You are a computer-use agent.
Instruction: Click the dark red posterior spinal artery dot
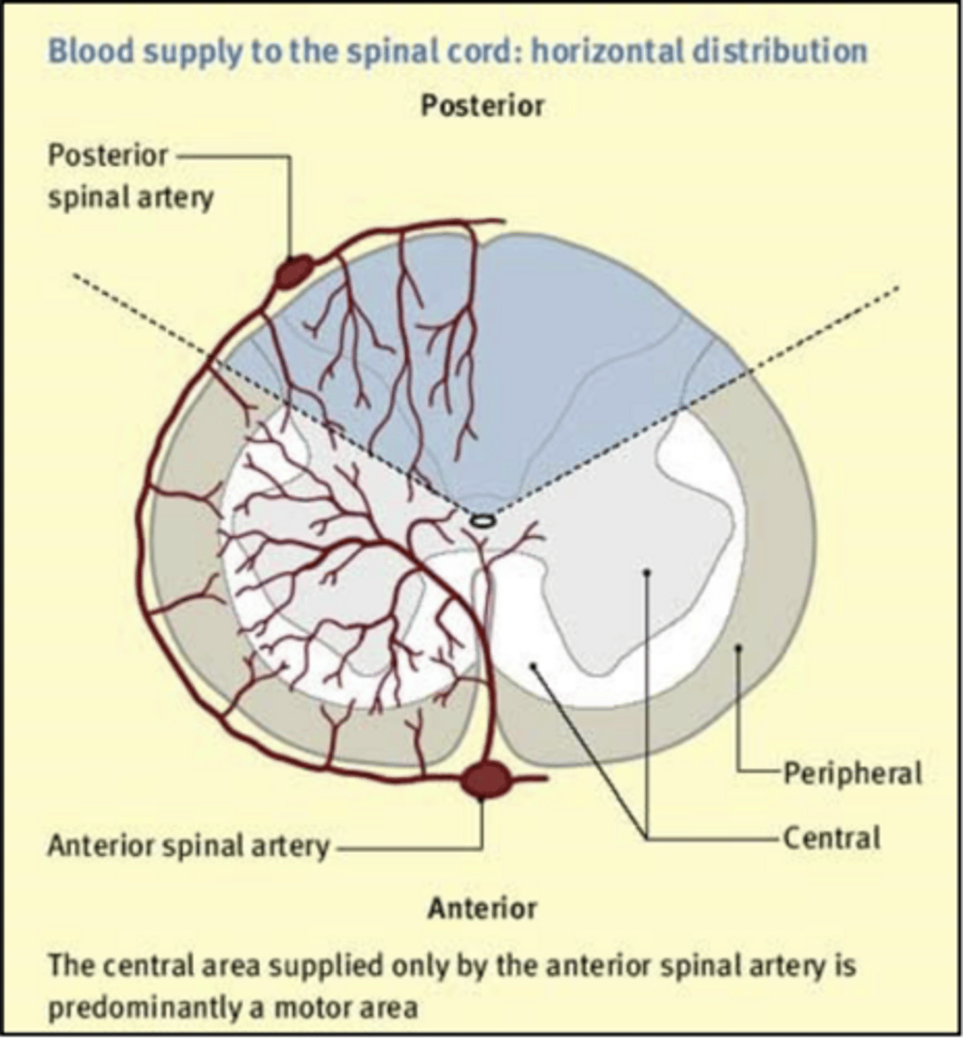[x=293, y=272]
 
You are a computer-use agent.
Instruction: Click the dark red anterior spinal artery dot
[x=485, y=780]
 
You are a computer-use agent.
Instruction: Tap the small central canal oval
[x=483, y=520]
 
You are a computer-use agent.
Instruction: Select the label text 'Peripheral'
[x=852, y=773]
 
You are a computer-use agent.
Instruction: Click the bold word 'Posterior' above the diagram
[x=483, y=106]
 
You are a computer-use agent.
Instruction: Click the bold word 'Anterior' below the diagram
[x=483, y=908]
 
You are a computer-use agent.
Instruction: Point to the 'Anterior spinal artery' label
[x=189, y=846]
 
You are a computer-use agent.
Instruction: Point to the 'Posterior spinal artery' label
[x=130, y=177]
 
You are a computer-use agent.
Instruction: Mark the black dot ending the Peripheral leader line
[x=738, y=649]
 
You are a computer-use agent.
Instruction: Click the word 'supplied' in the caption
[x=288, y=966]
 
